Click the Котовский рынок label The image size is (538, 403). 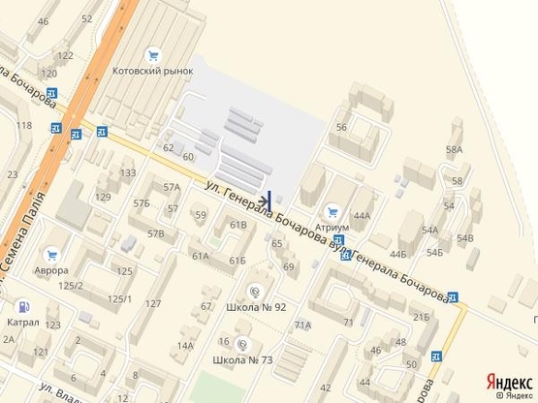click(x=152, y=71)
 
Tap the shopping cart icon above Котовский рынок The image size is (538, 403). click(x=152, y=55)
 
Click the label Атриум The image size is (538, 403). click(x=332, y=224)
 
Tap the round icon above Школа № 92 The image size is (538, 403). click(x=255, y=291)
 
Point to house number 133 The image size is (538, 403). click(x=127, y=172)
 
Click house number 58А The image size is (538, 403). click(x=454, y=149)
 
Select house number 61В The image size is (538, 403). click(x=238, y=225)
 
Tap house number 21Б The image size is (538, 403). click(x=420, y=317)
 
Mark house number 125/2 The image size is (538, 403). click(x=70, y=285)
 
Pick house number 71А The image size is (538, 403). click(x=302, y=325)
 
